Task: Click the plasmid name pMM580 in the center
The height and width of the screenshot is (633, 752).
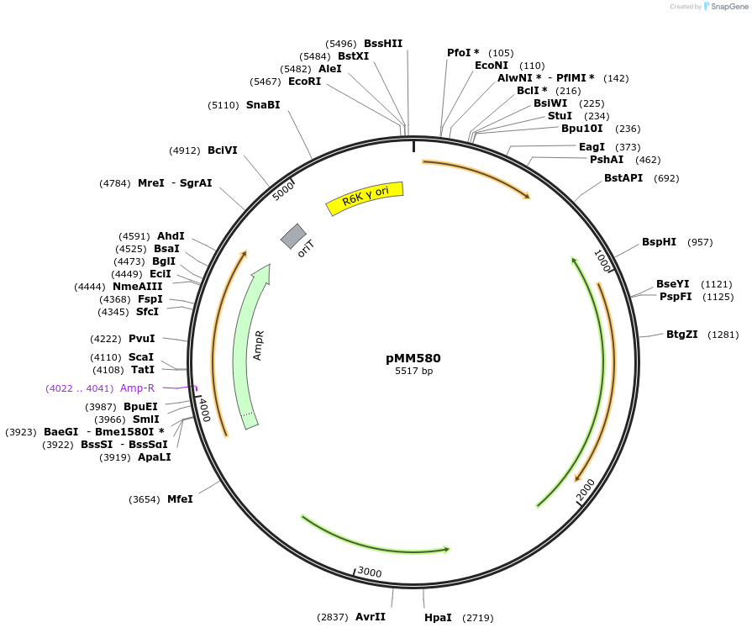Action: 413,357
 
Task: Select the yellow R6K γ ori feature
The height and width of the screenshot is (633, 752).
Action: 365,198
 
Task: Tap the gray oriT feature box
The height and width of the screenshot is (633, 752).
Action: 293,236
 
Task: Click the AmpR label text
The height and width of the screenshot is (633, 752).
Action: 259,345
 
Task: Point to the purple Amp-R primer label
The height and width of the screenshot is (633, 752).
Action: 138,388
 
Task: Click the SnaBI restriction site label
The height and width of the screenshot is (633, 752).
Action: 263,105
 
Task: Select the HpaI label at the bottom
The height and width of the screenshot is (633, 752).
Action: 438,617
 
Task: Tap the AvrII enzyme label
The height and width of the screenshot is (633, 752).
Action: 370,616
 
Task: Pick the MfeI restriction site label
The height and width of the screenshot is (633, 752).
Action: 180,498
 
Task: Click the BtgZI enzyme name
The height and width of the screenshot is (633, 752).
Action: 682,335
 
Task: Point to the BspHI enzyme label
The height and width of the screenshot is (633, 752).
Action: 659,242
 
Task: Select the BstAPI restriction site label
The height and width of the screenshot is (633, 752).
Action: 623,178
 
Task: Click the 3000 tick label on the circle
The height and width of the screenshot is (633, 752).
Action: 370,572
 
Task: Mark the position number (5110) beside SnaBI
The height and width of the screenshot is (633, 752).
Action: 223,105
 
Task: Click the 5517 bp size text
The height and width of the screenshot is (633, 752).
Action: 413,371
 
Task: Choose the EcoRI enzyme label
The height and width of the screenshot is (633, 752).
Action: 304,82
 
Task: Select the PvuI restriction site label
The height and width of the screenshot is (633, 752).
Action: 142,339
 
